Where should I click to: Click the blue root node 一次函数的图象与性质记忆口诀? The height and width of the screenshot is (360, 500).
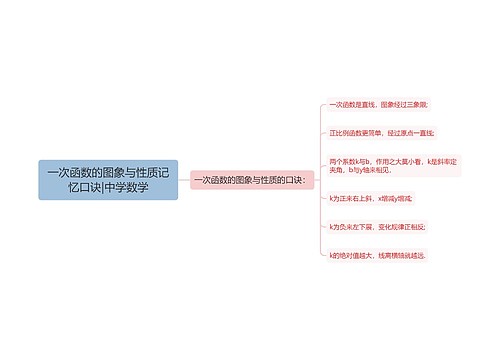coord(108,180)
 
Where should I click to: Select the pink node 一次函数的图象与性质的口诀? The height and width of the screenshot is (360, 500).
coord(253,180)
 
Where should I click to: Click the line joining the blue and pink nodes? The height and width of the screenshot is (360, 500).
coord(184,180)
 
